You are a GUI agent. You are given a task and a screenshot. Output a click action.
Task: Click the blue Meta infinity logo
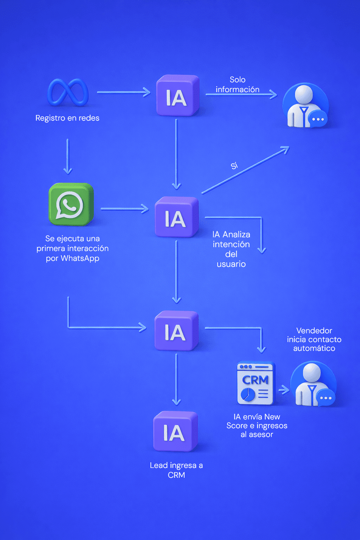tap(68, 92)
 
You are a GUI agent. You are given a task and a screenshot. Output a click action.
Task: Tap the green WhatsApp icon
tap(71, 204)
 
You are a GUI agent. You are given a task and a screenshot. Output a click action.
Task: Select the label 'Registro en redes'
tap(67, 118)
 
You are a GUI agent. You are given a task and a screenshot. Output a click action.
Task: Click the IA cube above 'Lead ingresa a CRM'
tap(175, 432)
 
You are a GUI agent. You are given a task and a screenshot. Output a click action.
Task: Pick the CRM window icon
tap(256, 383)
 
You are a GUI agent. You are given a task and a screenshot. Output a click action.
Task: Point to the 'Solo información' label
tap(238, 85)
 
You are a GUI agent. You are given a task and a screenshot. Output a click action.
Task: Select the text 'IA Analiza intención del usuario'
tap(231, 249)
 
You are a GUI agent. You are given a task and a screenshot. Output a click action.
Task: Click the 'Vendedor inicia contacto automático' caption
tap(314, 339)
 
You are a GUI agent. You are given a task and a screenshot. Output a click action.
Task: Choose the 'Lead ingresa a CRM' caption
tap(176, 470)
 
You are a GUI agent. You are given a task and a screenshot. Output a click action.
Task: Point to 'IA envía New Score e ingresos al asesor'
tap(257, 426)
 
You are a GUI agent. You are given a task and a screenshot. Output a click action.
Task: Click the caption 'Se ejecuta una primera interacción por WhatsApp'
tap(72, 248)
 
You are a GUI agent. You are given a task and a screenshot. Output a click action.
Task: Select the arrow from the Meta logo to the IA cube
tap(123, 92)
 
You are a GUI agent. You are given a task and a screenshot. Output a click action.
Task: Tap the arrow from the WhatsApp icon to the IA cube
tap(124, 209)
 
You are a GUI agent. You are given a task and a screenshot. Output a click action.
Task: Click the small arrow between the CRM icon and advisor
tap(284, 390)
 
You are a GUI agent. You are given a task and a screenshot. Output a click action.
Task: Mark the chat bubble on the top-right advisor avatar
tap(318, 119)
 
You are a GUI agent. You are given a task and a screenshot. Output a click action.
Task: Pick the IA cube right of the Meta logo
tap(178, 96)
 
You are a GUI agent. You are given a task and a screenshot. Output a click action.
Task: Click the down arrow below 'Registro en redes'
tap(68, 156)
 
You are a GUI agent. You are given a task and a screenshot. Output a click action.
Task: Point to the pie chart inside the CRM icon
tap(248, 394)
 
